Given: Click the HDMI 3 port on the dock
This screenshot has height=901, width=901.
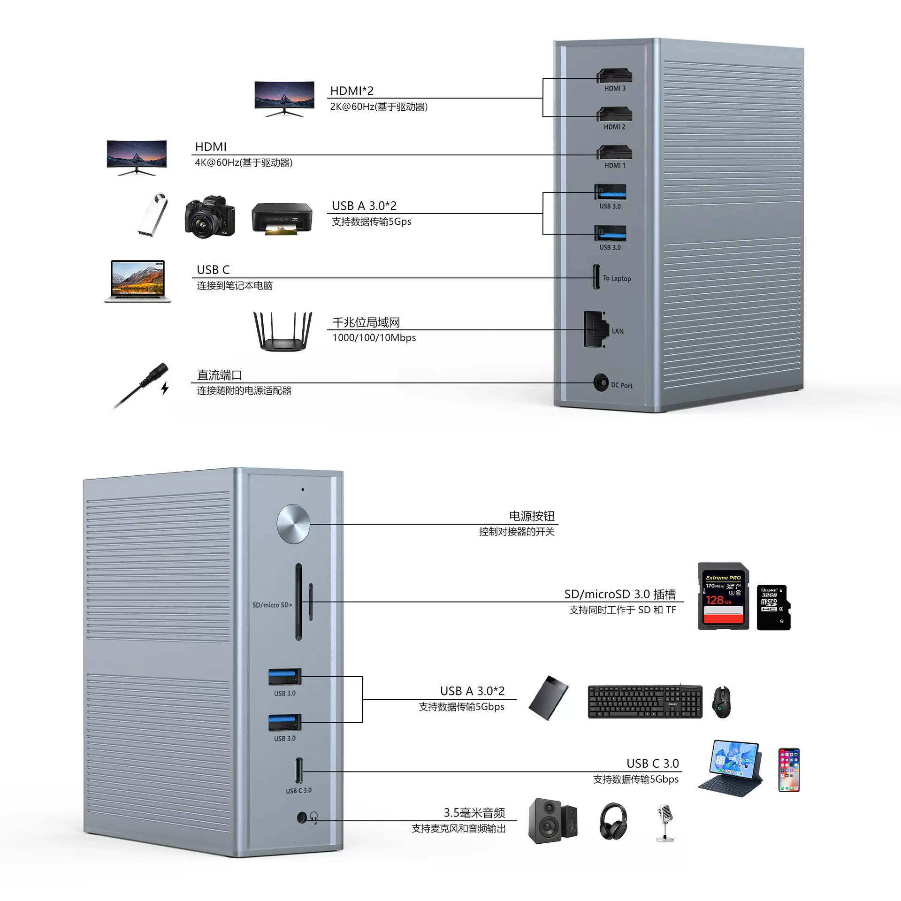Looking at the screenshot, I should pyautogui.click(x=614, y=76).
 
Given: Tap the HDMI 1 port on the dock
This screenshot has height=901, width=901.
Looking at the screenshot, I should pyautogui.click(x=614, y=153).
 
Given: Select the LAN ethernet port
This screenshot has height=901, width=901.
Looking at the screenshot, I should pyautogui.click(x=595, y=329).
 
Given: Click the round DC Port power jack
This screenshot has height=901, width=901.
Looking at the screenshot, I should pyautogui.click(x=600, y=382).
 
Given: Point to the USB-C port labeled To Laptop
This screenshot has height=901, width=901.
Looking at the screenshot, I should pyautogui.click(x=596, y=277).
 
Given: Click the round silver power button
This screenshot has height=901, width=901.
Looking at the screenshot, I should pyautogui.click(x=293, y=524).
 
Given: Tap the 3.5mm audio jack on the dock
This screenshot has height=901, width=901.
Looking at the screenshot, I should pyautogui.click(x=302, y=818).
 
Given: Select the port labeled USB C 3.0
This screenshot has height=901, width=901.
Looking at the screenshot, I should pyautogui.click(x=299, y=771).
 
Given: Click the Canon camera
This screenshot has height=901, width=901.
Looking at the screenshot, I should pyautogui.click(x=209, y=216).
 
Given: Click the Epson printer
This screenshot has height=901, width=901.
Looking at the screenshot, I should pyautogui.click(x=282, y=218).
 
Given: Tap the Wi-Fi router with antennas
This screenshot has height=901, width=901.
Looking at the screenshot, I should pyautogui.click(x=283, y=331).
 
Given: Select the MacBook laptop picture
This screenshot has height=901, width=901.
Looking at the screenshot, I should pyautogui.click(x=137, y=281).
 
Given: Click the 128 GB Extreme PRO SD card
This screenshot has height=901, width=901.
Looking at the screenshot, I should pyautogui.click(x=723, y=596).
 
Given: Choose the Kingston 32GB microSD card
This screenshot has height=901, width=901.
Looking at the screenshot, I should pyautogui.click(x=773, y=607).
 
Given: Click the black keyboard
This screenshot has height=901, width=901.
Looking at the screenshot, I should pyautogui.click(x=645, y=702).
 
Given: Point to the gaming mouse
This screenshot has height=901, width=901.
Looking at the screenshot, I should pyautogui.click(x=721, y=702).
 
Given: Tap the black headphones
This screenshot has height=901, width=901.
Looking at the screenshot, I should pyautogui.click(x=613, y=821).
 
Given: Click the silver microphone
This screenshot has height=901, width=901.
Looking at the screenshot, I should pyautogui.click(x=665, y=823).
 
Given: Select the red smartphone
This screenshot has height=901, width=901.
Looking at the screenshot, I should pyautogui.click(x=789, y=770).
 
